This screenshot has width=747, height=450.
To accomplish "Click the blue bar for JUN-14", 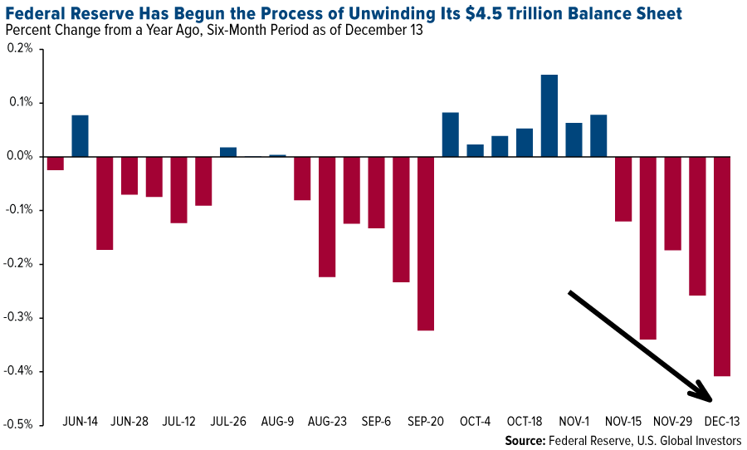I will click(80, 135).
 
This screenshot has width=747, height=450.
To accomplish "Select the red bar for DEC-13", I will click(722, 266).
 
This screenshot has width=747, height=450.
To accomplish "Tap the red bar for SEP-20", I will click(426, 243).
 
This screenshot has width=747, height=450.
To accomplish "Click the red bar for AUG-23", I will click(327, 216).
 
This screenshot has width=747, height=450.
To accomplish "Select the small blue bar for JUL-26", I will click(228, 151).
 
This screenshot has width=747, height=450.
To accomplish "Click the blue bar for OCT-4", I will click(475, 150).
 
